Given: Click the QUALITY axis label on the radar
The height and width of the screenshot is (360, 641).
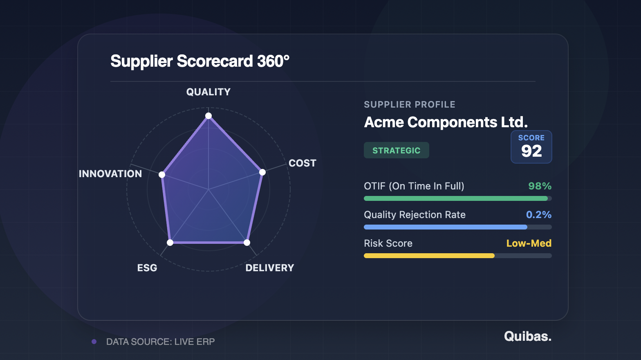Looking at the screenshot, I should (208, 92).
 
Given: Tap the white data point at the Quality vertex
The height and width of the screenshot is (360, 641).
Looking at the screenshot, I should (208, 116).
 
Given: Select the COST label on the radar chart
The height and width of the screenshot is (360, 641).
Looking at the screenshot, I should (303, 163).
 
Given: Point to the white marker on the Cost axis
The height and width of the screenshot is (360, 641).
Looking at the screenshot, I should (262, 172).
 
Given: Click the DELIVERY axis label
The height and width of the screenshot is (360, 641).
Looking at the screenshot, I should (270, 268).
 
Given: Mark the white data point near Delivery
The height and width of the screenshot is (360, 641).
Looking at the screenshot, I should (247, 243).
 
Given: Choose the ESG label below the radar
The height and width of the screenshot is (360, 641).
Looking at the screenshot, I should (147, 268).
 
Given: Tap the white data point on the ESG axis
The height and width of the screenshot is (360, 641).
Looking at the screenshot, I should (170, 243).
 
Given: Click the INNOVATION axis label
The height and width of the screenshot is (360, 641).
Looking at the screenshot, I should (110, 174).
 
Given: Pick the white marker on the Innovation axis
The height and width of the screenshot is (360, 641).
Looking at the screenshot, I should (162, 175).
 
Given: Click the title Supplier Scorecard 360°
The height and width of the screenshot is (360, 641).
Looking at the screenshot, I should (200, 61).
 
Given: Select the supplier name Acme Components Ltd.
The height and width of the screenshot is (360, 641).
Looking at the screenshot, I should (446, 122).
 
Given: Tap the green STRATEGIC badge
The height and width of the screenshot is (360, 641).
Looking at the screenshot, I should (397, 151).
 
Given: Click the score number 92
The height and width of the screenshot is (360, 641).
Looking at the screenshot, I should (531, 151).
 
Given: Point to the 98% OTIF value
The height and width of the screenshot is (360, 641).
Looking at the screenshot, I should (540, 186).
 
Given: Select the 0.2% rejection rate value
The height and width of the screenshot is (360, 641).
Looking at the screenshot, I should (539, 215).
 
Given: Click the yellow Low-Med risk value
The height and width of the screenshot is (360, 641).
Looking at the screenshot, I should (529, 243).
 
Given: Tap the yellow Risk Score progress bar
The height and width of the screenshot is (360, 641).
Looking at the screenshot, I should (429, 256).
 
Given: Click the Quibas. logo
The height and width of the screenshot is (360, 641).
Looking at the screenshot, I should (528, 336).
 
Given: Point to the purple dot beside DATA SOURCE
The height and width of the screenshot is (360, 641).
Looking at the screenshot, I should (94, 342).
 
